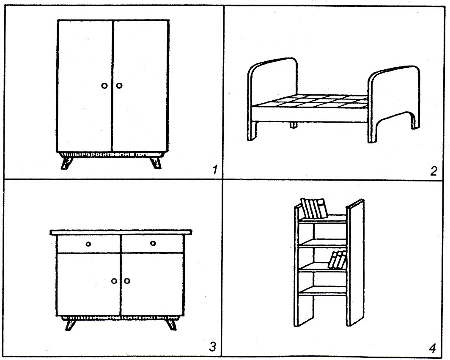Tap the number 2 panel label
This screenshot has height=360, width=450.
(x=433, y=171)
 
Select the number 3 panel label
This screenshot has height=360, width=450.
(x=213, y=347)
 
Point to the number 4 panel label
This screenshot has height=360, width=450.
(x=432, y=348)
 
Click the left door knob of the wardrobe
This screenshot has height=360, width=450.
(x=104, y=86)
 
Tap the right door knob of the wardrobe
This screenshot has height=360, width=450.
(x=119, y=86)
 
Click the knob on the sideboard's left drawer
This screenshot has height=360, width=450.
(x=88, y=244)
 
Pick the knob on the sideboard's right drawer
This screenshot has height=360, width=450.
(x=153, y=243)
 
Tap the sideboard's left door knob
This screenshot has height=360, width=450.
(x=114, y=281)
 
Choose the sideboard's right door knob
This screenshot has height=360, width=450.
(x=127, y=281)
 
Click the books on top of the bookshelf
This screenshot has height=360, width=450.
(x=314, y=208)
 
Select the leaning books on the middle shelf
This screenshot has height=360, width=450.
(x=337, y=260)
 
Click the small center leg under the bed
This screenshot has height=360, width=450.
(x=292, y=125)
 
